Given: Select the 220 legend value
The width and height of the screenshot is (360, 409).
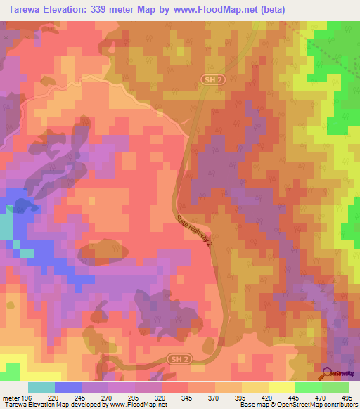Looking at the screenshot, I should pyautogui.click(x=53, y=398).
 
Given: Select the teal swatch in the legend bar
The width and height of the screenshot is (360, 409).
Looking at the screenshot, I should pyautogui.click(x=41, y=387).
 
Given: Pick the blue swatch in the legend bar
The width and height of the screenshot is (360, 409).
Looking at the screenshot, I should pyautogui.click(x=67, y=387).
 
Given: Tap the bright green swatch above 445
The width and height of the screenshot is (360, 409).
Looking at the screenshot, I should pyautogui.click(x=308, y=387).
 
